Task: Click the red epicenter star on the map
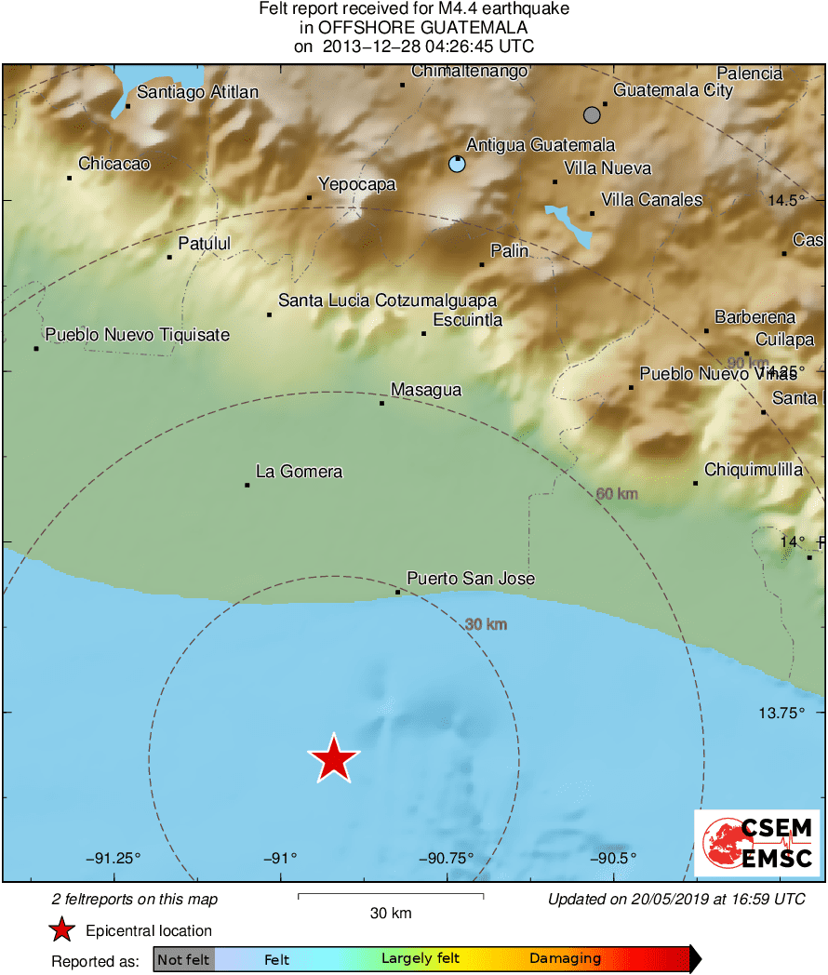coord(333,758)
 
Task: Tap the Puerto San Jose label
coord(471,579)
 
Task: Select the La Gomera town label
coord(299,472)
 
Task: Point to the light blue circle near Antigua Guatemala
coord(456,164)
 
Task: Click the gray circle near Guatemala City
coord(592,114)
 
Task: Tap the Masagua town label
coord(425,390)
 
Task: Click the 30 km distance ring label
coord(486,624)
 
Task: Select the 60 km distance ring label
coord(617,493)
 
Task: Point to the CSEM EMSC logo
coord(756,843)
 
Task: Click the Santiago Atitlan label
coord(197,92)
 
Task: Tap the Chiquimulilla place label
coord(754,470)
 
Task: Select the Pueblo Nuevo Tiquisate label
coord(137,335)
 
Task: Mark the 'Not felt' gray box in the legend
coord(183,959)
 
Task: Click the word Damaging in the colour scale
coord(566,958)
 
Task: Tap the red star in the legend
coord(61,929)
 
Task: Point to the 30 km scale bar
coord(391,896)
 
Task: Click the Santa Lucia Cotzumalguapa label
coord(387,301)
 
